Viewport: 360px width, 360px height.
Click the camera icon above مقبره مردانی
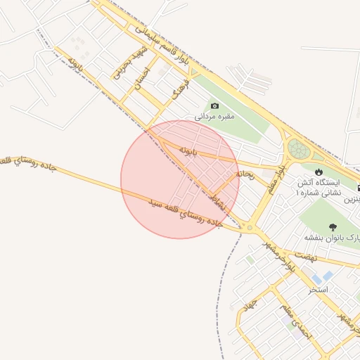point(214,105)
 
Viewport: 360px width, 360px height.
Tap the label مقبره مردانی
point(214,117)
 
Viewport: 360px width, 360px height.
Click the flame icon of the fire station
point(319,172)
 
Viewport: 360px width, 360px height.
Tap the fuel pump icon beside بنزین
point(359,188)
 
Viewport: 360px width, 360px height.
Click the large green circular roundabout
point(298,150)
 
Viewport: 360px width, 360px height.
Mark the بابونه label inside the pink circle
point(191,150)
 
